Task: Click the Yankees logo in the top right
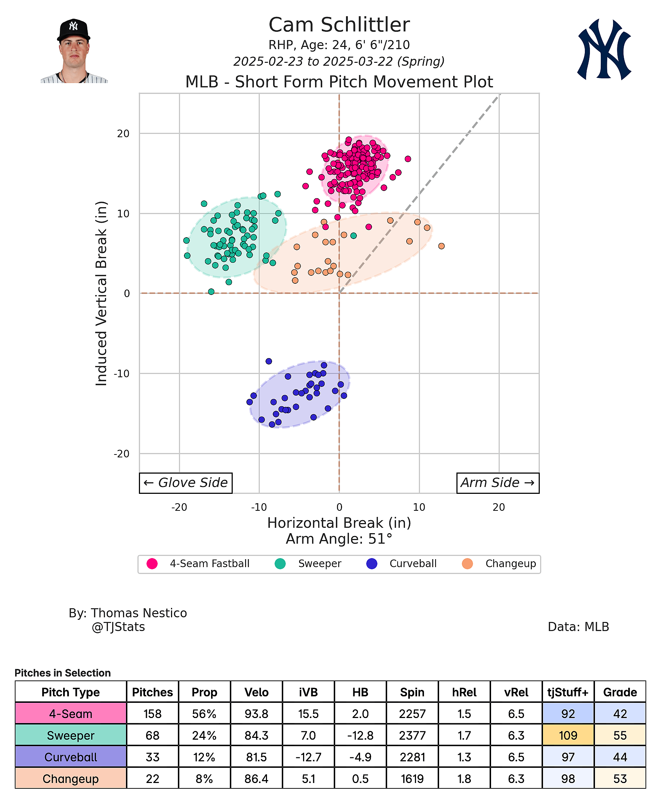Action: pyautogui.click(x=604, y=49)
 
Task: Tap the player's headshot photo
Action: pyautogui.click(x=74, y=51)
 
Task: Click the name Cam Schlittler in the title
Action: pyautogui.click(x=339, y=25)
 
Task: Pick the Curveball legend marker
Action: pyautogui.click(x=372, y=563)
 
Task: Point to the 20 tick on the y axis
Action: pyautogui.click(x=123, y=134)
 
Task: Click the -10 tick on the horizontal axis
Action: pyautogui.click(x=259, y=507)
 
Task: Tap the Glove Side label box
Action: pyautogui.click(x=185, y=483)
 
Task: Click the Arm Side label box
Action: pyautogui.click(x=497, y=483)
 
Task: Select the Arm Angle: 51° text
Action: pyautogui.click(x=339, y=539)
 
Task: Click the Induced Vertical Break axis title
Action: pyautogui.click(x=101, y=293)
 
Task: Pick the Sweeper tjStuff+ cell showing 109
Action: pyautogui.click(x=568, y=735)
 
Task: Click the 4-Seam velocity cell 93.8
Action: pyautogui.click(x=256, y=714)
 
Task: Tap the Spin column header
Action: pyautogui.click(x=412, y=692)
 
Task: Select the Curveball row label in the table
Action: pyautogui.click(x=71, y=757)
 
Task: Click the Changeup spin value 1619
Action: pyautogui.click(x=412, y=779)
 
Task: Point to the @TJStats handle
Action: pyautogui.click(x=118, y=627)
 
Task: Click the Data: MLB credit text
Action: pyautogui.click(x=578, y=627)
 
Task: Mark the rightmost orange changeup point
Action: pyautogui.click(x=441, y=246)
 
